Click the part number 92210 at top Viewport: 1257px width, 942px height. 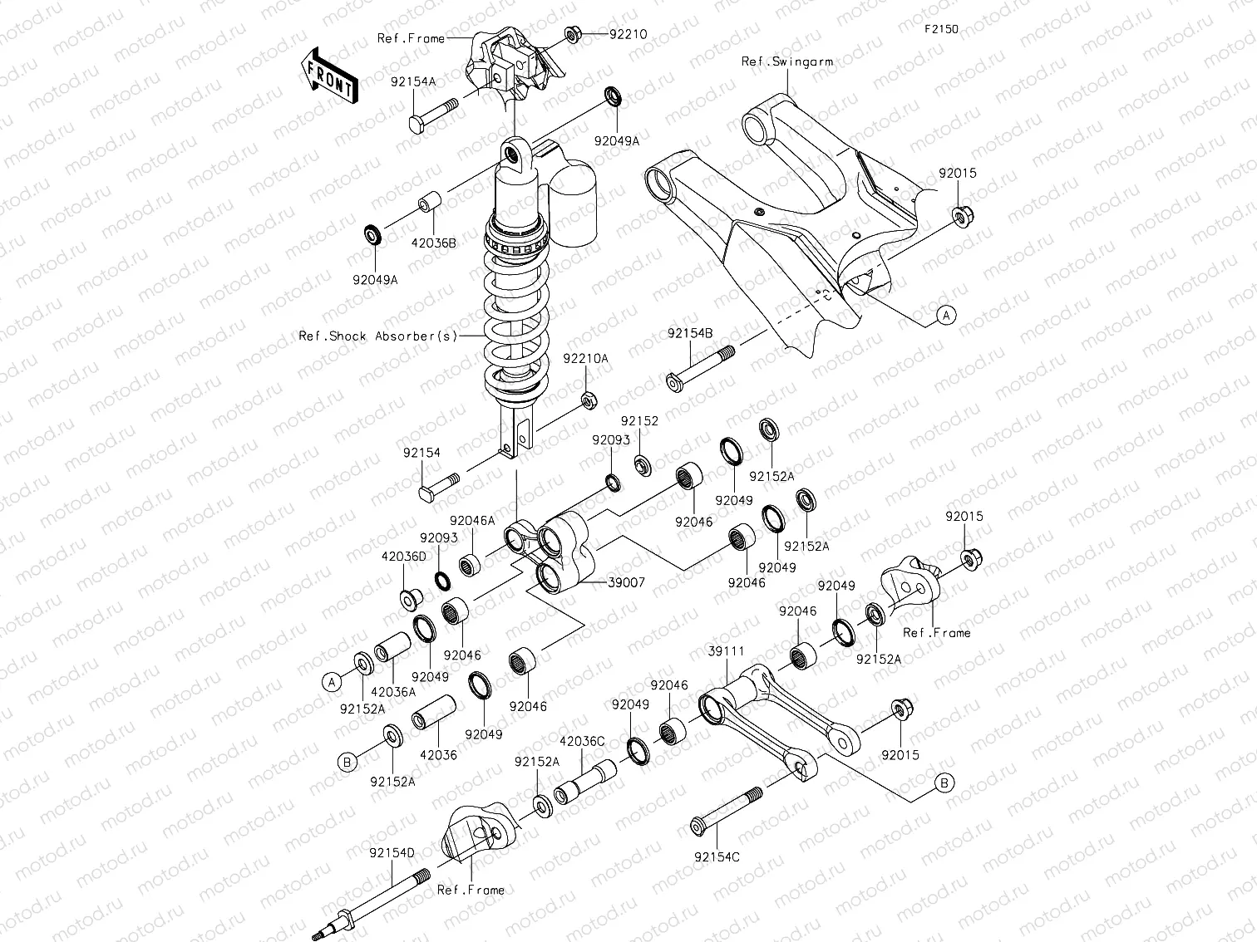tap(628, 34)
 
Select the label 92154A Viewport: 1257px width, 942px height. tap(413, 82)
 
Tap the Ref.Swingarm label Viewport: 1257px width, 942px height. tap(786, 61)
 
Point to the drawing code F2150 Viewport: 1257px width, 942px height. tap(941, 28)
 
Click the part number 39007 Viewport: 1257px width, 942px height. tap(627, 583)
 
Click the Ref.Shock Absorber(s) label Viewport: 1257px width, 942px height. tap(378, 336)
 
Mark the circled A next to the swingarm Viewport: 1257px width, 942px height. tap(945, 315)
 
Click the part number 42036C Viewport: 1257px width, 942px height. tap(582, 740)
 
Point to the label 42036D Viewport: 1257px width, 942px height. tap(403, 556)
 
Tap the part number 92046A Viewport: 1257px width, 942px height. tap(473, 520)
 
